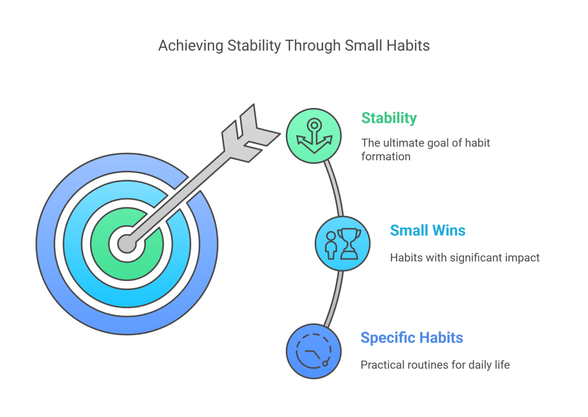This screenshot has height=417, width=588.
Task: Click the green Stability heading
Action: (x=389, y=118)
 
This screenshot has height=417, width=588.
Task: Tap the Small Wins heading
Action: (x=427, y=230)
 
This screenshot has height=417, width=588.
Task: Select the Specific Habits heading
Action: (x=412, y=338)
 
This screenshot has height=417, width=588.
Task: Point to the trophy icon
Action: (x=349, y=244)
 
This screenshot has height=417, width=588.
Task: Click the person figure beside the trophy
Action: (x=331, y=245)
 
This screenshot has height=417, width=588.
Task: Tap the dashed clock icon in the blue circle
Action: (x=314, y=351)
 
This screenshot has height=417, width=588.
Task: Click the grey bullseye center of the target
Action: (x=127, y=244)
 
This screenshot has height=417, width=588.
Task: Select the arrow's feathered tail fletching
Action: (x=250, y=133)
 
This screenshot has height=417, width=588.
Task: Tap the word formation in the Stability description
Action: (x=386, y=156)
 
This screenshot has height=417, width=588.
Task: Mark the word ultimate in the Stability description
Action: (x=404, y=143)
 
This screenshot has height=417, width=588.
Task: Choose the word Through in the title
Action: (x=313, y=46)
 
